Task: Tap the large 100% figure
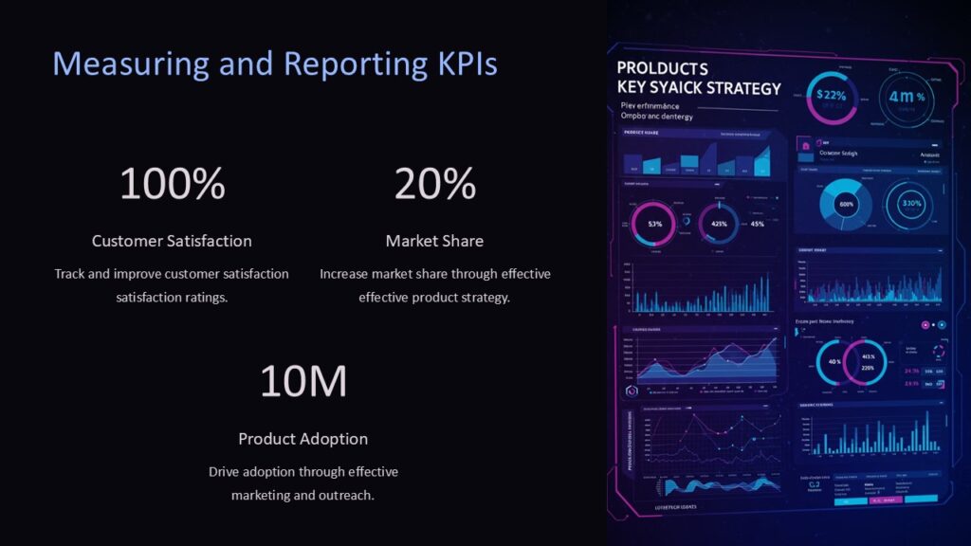tap(172, 184)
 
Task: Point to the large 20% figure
tap(434, 184)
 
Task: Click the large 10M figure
tap(302, 381)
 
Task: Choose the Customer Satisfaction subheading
tap(172, 241)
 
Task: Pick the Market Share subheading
tap(434, 241)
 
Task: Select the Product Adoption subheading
tap(302, 439)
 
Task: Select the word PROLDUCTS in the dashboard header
tap(662, 69)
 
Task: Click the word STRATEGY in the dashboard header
tap(741, 88)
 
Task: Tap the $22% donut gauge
tap(831, 96)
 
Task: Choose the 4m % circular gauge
tap(906, 97)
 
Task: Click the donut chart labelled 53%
tap(654, 224)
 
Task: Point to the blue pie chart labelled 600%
tap(845, 204)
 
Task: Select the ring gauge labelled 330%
tap(910, 204)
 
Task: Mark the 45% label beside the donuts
tap(757, 225)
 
